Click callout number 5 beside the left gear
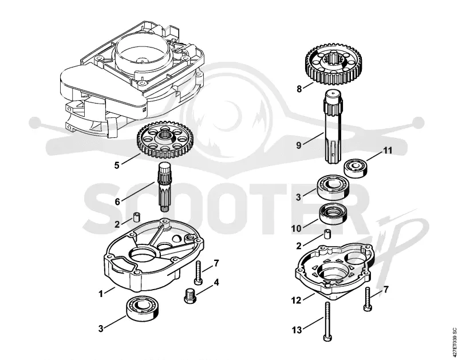(x=117, y=165)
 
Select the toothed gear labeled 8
(x=333, y=64)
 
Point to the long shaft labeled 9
(x=333, y=126)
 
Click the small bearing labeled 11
(x=355, y=168)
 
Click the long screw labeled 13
(x=327, y=321)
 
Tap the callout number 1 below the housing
(x=101, y=294)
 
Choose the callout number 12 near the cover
(x=296, y=300)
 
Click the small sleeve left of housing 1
(x=136, y=217)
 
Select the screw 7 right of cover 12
(x=367, y=299)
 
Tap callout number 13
(x=297, y=330)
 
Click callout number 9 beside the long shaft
(x=298, y=145)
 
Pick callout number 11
(x=388, y=151)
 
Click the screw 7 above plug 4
(x=198, y=272)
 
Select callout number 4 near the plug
(x=216, y=282)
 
